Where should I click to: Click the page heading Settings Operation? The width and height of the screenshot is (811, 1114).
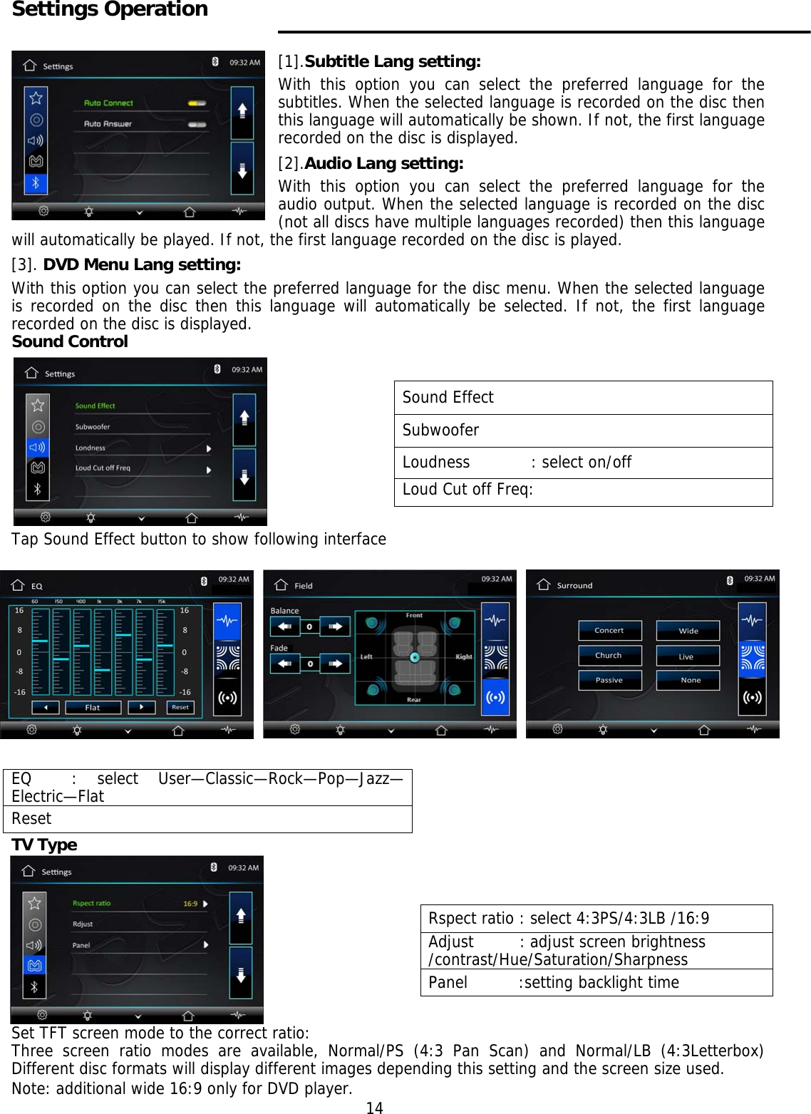[110, 9]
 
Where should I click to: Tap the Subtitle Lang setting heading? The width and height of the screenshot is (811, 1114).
[392, 61]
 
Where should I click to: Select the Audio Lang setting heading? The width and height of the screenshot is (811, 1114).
[383, 163]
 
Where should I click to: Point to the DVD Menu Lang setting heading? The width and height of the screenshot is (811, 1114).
[142, 264]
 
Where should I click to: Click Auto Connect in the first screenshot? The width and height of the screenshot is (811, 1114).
[108, 103]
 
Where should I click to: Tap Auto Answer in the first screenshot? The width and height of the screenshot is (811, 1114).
[108, 124]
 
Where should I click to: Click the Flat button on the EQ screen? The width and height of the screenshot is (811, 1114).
[93, 708]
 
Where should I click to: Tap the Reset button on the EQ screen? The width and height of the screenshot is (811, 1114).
[180, 708]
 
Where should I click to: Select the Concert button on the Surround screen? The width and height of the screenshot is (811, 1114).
[609, 631]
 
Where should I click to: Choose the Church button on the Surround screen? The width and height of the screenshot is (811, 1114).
[609, 656]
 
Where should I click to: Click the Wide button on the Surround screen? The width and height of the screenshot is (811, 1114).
[688, 631]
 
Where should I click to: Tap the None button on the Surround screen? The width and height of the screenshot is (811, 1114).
[690, 681]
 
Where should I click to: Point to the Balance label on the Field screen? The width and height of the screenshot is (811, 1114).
[284, 611]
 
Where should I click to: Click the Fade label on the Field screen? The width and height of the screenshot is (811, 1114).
[279, 648]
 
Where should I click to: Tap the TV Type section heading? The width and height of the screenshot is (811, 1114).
[44, 845]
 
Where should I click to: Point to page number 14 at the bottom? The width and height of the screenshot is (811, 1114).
[374, 1108]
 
